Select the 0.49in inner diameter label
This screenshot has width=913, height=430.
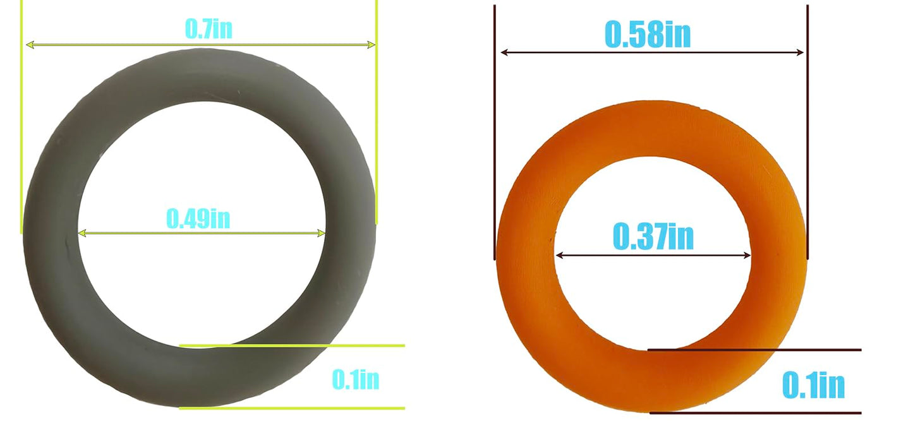tap(198, 218)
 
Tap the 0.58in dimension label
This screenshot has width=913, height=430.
tap(647, 35)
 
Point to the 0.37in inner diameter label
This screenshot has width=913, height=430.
tap(653, 237)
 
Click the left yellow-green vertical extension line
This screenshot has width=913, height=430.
tap(22, 126)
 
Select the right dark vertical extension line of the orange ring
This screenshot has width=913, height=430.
tap(807, 126)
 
